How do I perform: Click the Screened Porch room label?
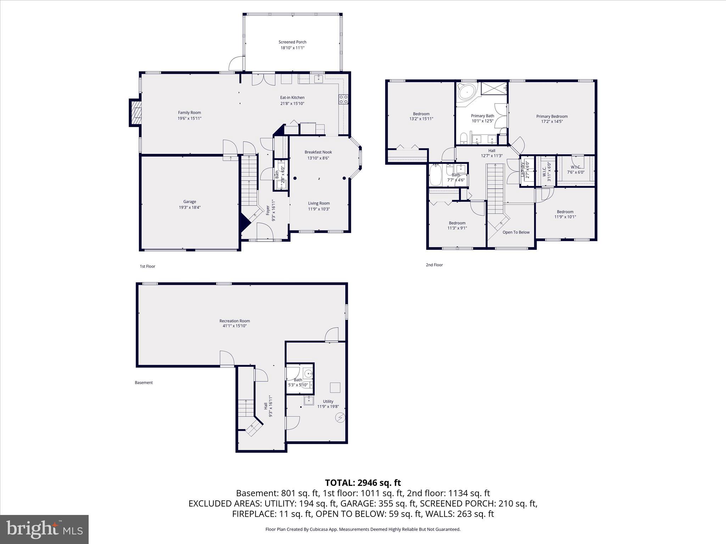(292, 42)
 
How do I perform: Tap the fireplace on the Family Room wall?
(135, 112)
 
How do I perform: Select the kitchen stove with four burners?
(343, 99)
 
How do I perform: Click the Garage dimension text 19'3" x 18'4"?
(190, 208)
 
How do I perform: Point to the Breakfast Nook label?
(318, 152)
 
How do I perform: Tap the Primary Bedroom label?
(552, 116)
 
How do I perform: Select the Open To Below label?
(516, 232)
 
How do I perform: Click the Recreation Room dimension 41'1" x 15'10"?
(234, 326)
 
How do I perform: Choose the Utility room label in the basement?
(328, 401)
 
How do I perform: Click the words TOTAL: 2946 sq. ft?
(363, 483)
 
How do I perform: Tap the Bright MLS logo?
(44, 529)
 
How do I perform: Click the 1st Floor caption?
(147, 266)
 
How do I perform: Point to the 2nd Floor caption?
(434, 265)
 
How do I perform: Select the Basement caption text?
(144, 382)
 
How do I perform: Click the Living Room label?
(319, 203)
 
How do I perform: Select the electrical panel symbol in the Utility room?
(340, 418)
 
